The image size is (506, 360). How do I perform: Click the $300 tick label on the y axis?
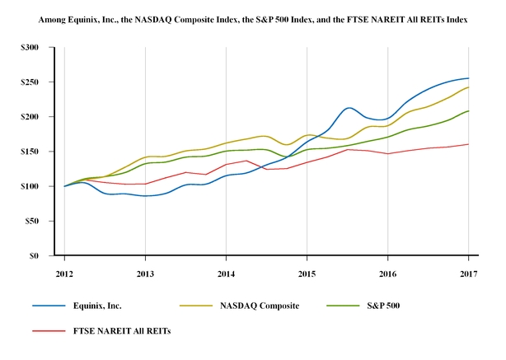point(30,48)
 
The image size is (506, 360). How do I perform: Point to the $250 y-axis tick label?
point(30,82)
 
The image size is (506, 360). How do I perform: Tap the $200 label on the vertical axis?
point(30,117)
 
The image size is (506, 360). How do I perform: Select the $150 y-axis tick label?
point(30,152)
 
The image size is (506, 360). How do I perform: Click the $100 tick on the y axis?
point(30,186)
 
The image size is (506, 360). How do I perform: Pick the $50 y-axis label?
point(32,221)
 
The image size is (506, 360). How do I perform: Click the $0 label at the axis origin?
point(35,255)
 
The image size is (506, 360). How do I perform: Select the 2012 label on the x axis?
point(64,272)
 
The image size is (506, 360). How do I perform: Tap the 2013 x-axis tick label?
point(145,272)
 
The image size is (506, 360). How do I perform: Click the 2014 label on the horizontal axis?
point(226,272)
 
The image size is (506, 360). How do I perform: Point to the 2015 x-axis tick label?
point(307,272)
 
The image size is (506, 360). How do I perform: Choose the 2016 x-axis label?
point(387,272)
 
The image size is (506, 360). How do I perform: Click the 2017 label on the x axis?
point(468,272)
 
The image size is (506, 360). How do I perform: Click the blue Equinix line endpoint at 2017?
point(468,78)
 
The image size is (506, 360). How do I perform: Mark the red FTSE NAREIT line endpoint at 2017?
point(468,144)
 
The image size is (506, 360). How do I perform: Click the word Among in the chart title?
point(49,18)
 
